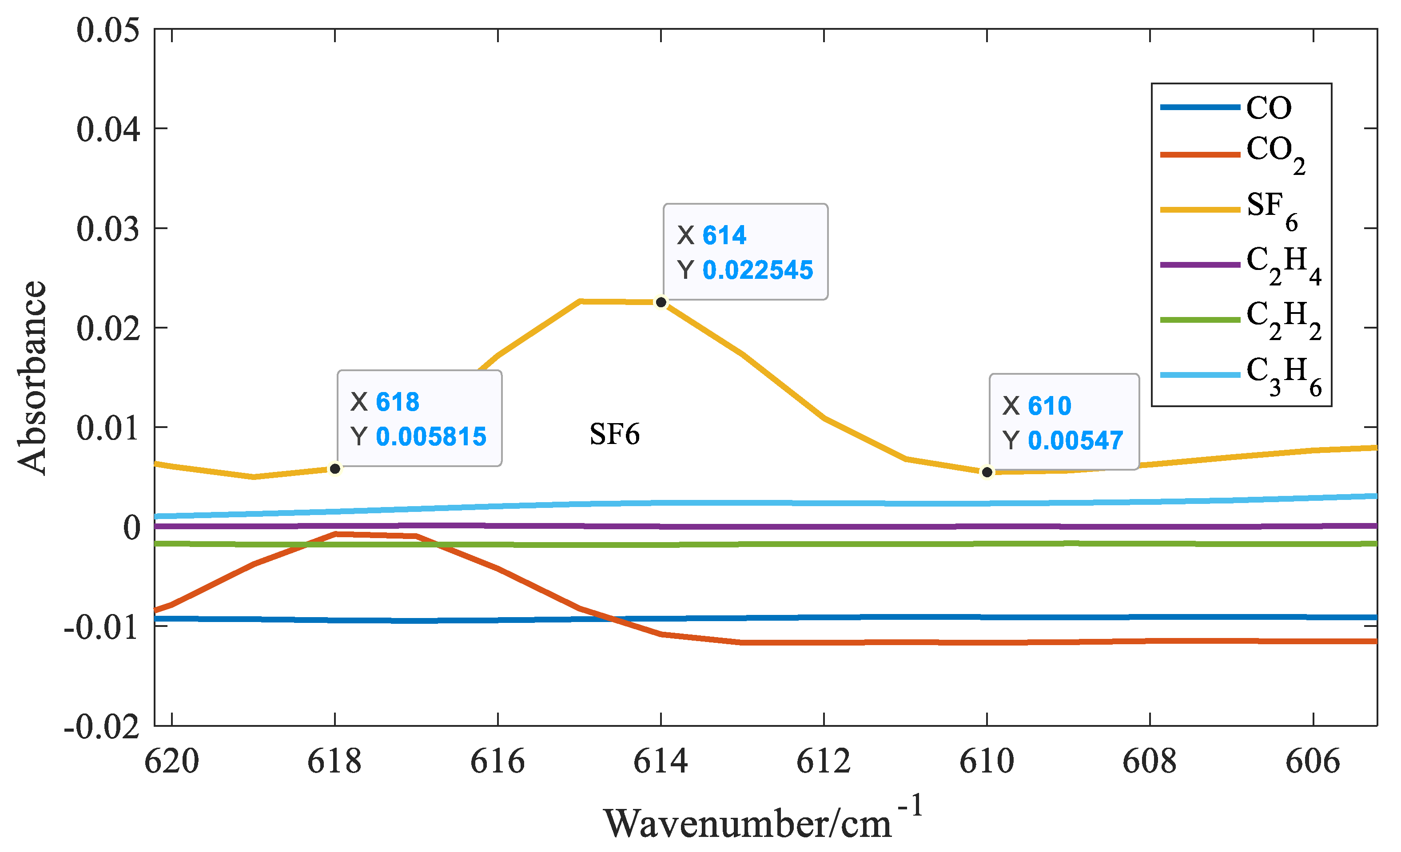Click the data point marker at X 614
click(661, 302)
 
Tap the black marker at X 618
click(335, 469)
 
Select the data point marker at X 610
click(987, 472)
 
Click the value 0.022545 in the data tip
click(757, 270)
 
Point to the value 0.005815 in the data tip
click(431, 436)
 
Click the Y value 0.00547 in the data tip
click(1075, 440)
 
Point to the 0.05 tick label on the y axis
click(108, 30)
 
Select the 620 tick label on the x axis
click(172, 761)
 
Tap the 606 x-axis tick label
click(1313, 761)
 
